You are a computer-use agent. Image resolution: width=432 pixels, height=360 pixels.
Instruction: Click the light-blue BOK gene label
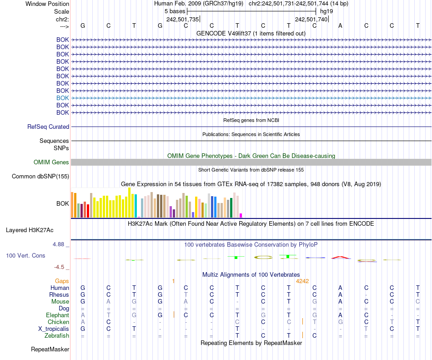click(62, 98)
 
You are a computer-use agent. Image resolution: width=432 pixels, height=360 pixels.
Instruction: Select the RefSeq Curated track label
click(48, 127)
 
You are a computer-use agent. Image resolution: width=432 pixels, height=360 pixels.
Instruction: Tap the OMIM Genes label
click(51, 162)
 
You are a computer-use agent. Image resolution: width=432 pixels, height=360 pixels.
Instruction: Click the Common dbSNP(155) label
click(40, 177)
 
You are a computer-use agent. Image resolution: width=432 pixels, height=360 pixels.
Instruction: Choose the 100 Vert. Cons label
click(25, 256)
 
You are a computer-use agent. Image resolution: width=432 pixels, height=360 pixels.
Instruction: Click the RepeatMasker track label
click(50, 350)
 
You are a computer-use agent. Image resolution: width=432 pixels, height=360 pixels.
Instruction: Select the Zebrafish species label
click(57, 336)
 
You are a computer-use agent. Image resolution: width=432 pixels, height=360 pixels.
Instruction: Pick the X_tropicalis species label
click(54, 329)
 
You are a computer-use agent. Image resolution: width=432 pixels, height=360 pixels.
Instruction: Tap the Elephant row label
click(57, 315)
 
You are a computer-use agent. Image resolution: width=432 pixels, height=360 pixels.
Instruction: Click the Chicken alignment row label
click(58, 322)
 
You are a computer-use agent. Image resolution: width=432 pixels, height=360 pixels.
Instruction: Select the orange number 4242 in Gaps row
click(302, 281)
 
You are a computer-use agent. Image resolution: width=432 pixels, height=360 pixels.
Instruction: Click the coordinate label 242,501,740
click(311, 19)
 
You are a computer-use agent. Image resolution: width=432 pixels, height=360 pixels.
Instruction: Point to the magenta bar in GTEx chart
click(241, 215)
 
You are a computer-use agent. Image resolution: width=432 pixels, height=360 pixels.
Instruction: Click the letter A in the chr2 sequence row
click(340, 25)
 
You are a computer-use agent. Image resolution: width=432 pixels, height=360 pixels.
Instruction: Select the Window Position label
click(47, 4)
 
